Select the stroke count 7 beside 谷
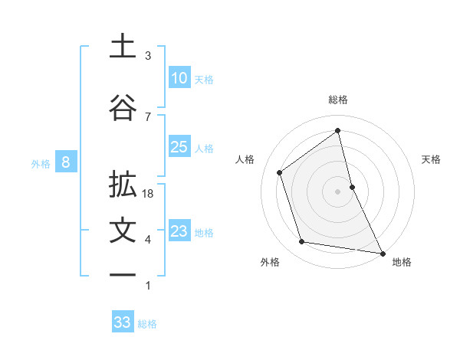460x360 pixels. click(148, 117)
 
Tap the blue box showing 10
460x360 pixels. click(179, 78)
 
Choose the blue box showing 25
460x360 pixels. click(179, 147)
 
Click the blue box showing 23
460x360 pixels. click(179, 231)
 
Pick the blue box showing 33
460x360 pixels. click(123, 322)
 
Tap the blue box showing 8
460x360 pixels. click(66, 162)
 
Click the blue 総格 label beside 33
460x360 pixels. click(147, 324)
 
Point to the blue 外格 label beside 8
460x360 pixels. click(41, 163)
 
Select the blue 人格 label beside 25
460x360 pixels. click(204, 149)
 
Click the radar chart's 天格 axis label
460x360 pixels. click(431, 159)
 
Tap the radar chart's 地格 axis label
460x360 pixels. click(402, 262)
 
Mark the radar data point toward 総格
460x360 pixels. click(337, 130)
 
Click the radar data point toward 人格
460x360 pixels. click(280, 172)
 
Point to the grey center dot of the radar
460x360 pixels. click(337, 191)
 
